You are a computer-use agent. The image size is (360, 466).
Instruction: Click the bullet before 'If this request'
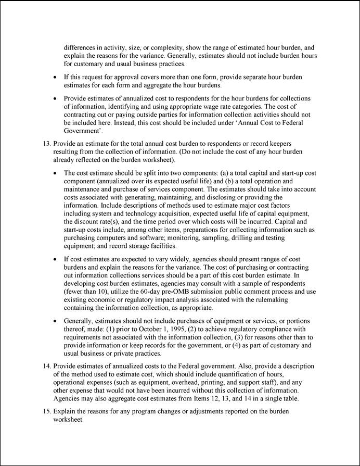pos(56,77)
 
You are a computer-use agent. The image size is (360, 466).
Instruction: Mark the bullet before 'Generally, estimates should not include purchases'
pos(56,321)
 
